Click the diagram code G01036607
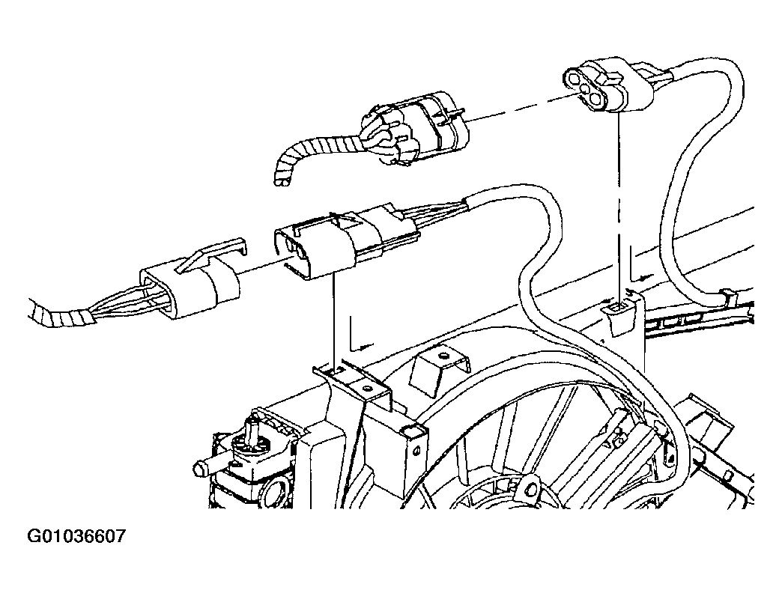click(x=76, y=536)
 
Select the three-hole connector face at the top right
click(x=589, y=87)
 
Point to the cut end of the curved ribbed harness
click(x=283, y=180)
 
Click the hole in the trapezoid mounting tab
click(x=443, y=356)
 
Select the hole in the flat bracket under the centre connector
click(x=368, y=388)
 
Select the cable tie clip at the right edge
click(x=729, y=298)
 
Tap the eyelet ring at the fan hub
click(x=530, y=486)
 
